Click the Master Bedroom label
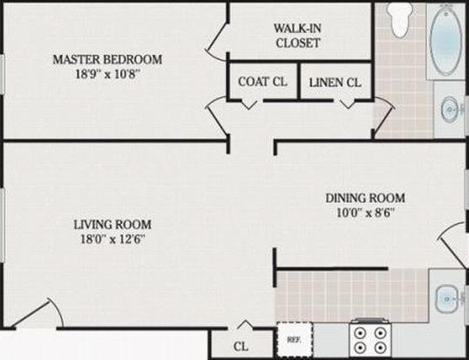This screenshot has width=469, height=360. pyautogui.click(x=107, y=59)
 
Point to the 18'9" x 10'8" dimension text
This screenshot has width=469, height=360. pyautogui.click(x=107, y=73)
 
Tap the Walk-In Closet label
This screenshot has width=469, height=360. pyautogui.click(x=297, y=36)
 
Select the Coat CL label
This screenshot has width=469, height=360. pyautogui.click(x=262, y=82)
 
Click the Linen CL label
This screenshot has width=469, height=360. pyautogui.click(x=335, y=83)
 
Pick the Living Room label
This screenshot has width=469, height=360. pyautogui.click(x=112, y=224)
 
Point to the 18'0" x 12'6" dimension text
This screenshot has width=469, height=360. pyautogui.click(x=112, y=239)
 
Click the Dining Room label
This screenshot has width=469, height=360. pyautogui.click(x=365, y=198)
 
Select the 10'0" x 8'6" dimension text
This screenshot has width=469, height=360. pyautogui.click(x=365, y=213)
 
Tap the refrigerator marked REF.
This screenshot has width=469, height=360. pyautogui.click(x=295, y=340)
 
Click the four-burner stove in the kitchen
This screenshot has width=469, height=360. pyautogui.click(x=370, y=339)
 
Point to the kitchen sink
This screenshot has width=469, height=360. pyautogui.click(x=446, y=299)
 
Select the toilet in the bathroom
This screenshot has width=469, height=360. pyautogui.click(x=399, y=19)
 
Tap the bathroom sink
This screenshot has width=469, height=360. pyautogui.click(x=450, y=110)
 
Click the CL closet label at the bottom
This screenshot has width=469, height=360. pyautogui.click(x=241, y=346)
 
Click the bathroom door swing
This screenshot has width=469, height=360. pyautogui.click(x=384, y=117)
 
